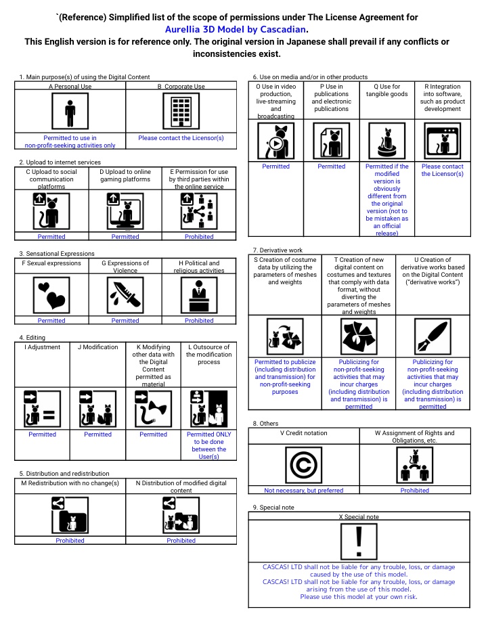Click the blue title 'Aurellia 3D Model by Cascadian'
coord(236,30)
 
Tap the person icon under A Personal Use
coord(70,111)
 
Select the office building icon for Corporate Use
coord(181,111)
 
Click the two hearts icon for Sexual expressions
coord(51,295)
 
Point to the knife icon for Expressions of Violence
coord(125,295)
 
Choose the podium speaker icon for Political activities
coord(199,295)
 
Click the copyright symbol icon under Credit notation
coord(303,465)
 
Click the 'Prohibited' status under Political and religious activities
coord(199,321)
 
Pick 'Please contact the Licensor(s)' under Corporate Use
coord(181,138)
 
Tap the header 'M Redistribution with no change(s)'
coord(70,483)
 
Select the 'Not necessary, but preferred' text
coord(303,491)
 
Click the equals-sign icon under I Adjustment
coord(42,409)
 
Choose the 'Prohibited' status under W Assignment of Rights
coord(414,491)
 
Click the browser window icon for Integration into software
coord(443,141)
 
